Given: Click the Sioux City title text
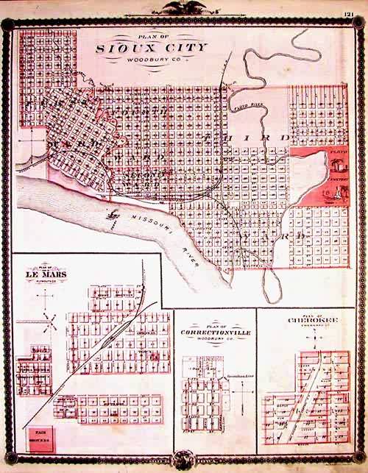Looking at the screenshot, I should click(152, 48).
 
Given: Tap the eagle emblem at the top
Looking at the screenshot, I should click(183, 7).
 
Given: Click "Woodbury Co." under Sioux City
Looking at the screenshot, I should click(152, 59).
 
